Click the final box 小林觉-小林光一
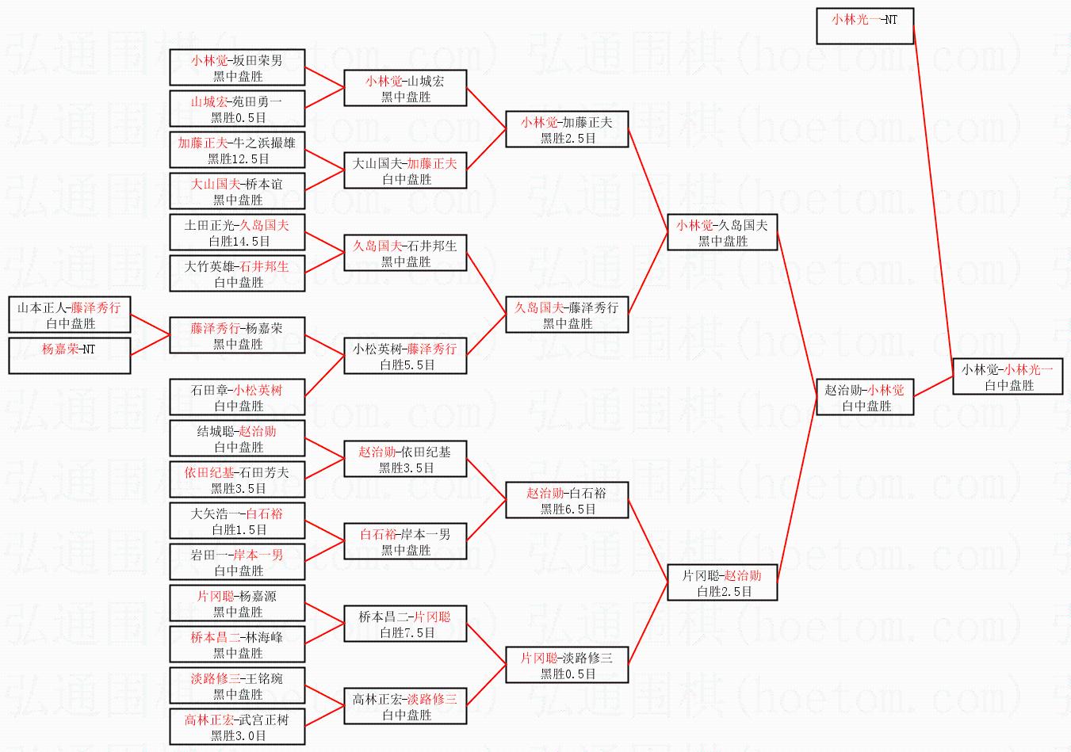pyautogui.click(x=1007, y=376)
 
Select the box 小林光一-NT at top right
pyautogui.click(x=864, y=26)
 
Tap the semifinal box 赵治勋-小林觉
pyautogui.click(x=864, y=397)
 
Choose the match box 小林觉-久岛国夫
pyautogui.click(x=721, y=232)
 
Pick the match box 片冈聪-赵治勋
pyautogui.click(x=721, y=582)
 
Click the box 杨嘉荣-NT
pyautogui.click(x=69, y=355)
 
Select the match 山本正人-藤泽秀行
pyautogui.click(x=69, y=315)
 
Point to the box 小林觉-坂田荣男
pyautogui.click(x=237, y=67)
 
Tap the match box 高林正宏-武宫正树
pyautogui.click(x=237, y=727)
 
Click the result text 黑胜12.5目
pyautogui.click(x=238, y=158)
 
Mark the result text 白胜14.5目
pyautogui.click(x=238, y=241)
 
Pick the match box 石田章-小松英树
pyautogui.click(x=237, y=397)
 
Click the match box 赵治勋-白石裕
pyautogui.click(x=566, y=500)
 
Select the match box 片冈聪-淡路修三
pyautogui.click(x=566, y=665)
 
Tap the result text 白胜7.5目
pyautogui.click(x=406, y=632)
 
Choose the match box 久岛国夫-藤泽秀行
pyautogui.click(x=566, y=315)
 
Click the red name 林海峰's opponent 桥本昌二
pyautogui.click(x=215, y=636)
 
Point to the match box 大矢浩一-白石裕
pyautogui.click(x=237, y=521)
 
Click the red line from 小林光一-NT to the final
pyautogui.click(x=933, y=198)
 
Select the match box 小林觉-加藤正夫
pyautogui.click(x=566, y=129)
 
